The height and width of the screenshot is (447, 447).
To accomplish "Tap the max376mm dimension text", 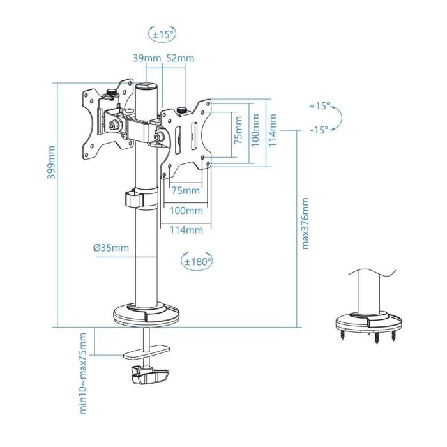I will (x=305, y=223).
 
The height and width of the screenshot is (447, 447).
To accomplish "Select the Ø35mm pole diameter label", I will (x=110, y=248).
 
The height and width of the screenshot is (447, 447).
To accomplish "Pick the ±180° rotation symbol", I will (x=197, y=261).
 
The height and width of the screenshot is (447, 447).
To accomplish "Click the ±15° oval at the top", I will (x=161, y=33).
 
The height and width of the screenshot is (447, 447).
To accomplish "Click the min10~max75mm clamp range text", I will (x=83, y=374).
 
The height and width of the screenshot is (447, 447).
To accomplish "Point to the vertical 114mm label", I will (x=273, y=130).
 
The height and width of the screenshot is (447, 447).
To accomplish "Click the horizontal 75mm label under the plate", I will (x=185, y=190).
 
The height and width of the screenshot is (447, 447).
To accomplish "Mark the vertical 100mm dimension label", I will (x=256, y=132).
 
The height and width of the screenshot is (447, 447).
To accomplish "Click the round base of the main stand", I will (x=148, y=314).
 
